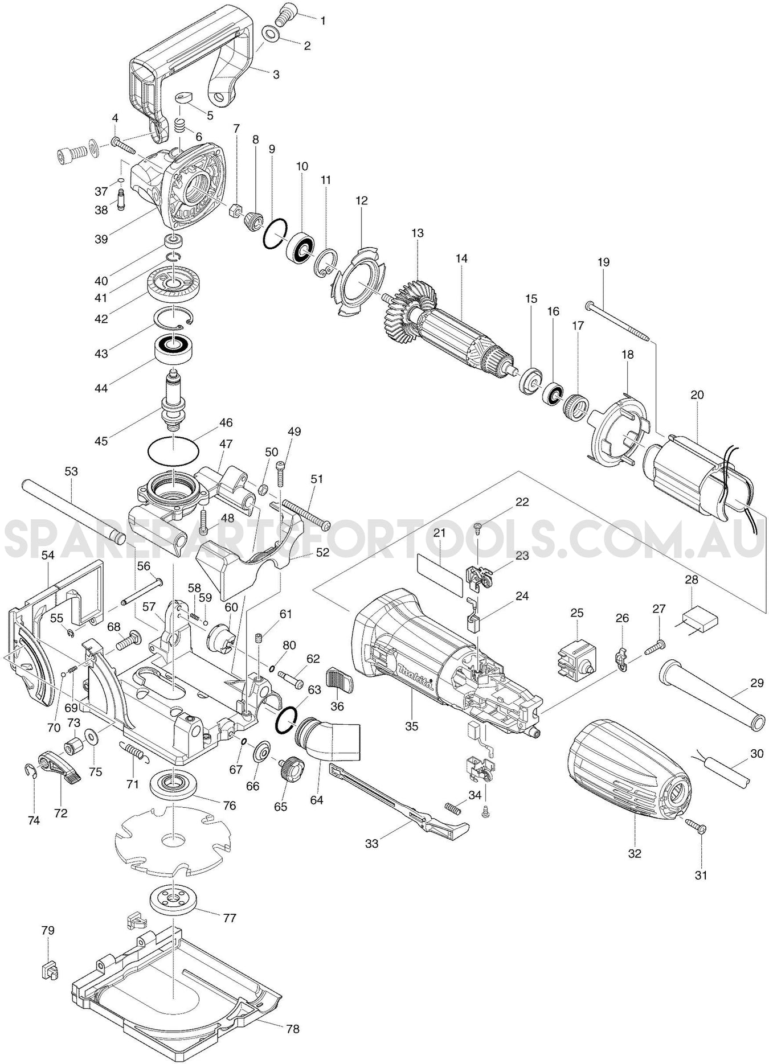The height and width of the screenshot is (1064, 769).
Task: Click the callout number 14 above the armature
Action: click(461, 258)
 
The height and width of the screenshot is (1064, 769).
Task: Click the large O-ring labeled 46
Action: click(174, 451)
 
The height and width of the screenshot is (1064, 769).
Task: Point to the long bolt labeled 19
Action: click(617, 322)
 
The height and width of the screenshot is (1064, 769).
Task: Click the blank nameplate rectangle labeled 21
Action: click(447, 575)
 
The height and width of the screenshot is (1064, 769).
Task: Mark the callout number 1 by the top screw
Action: click(323, 21)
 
